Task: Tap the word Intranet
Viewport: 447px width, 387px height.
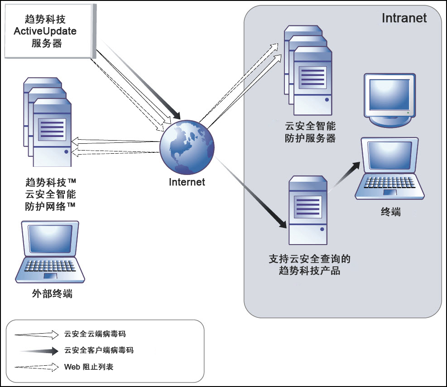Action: coord(404,18)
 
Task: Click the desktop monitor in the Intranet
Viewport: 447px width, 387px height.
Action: coord(390,100)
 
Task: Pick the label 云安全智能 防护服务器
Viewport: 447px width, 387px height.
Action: coord(310,132)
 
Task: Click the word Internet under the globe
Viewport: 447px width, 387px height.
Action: coord(187,182)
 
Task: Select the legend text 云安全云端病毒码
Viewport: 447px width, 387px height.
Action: coord(95,335)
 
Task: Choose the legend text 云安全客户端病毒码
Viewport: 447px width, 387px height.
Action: coord(99,350)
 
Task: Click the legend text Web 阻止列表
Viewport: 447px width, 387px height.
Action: coord(89,367)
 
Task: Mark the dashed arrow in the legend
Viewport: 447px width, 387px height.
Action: coord(37,367)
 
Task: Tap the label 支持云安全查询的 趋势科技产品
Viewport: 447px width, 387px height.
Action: coord(310,265)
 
